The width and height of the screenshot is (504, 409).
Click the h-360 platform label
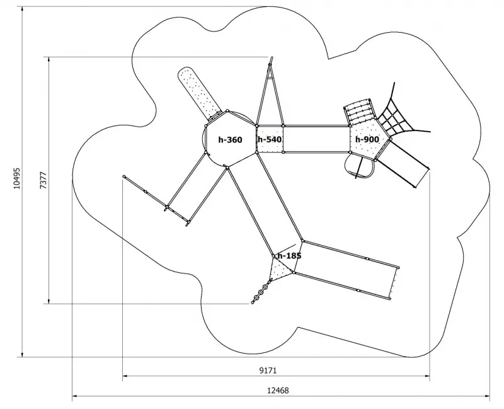point(230,140)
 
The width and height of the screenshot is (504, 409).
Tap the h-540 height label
point(270,139)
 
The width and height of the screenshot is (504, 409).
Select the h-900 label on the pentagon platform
point(367,139)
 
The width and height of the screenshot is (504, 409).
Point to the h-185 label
point(289,256)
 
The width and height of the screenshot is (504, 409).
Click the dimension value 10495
point(17,178)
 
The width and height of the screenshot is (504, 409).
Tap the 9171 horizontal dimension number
point(268,371)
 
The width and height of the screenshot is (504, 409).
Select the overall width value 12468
point(278,391)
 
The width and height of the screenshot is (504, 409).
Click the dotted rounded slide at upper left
point(198,93)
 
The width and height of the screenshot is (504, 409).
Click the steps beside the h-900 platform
point(359,112)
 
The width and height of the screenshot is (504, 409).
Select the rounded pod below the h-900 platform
point(360,166)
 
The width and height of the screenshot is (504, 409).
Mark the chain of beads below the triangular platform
point(261,292)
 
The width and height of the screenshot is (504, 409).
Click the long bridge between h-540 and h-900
point(317,139)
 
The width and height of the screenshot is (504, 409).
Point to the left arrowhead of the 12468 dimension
point(74,396)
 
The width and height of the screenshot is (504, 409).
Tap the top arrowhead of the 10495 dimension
point(22,8)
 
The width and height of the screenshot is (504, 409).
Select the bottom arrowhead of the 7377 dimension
point(49,301)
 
